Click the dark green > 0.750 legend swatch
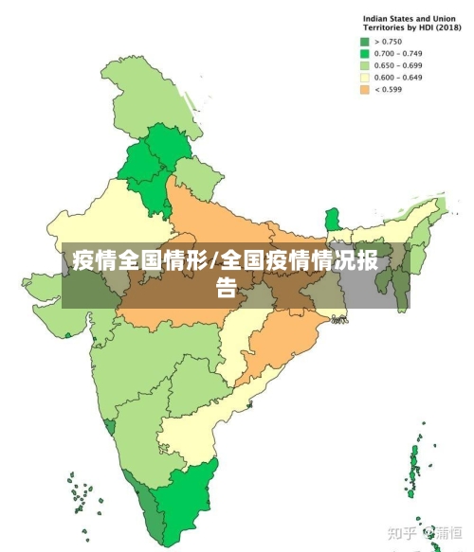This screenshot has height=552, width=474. [364, 42]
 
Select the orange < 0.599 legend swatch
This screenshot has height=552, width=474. [364, 90]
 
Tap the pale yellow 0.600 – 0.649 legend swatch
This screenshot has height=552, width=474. [364, 78]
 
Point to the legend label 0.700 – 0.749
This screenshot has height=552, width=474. [399, 54]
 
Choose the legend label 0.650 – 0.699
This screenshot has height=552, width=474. [399, 66]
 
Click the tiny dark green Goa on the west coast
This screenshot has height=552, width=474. [110, 427]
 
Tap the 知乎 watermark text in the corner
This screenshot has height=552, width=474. [404, 534]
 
